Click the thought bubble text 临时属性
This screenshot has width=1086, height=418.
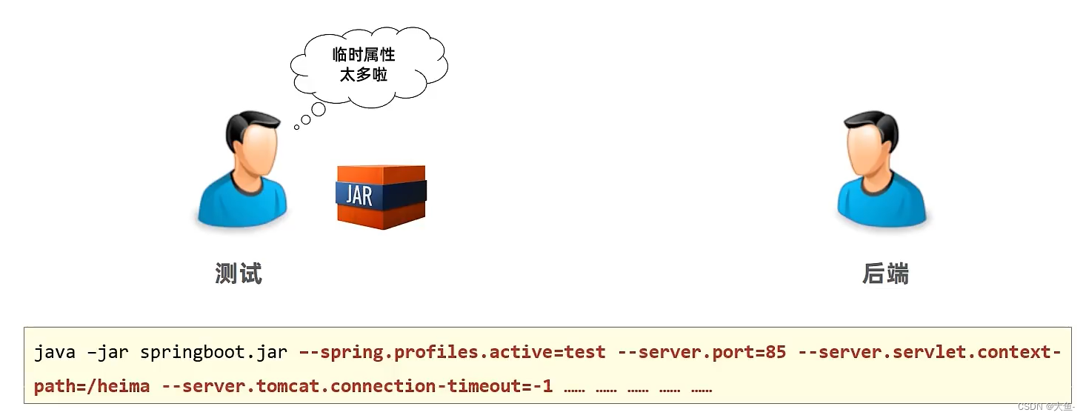tap(364, 55)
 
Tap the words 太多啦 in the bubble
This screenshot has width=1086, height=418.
tap(364, 75)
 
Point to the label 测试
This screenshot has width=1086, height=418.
tap(239, 273)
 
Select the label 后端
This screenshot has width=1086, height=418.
tap(885, 273)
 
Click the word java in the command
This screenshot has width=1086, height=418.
tap(55, 352)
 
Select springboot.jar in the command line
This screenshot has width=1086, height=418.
tap(213, 352)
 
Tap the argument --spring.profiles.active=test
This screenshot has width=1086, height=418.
tap(452, 352)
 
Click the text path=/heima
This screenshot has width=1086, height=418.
tap(92, 386)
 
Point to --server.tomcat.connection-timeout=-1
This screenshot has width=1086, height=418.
tap(356, 386)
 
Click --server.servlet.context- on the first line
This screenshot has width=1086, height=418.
tap(930, 352)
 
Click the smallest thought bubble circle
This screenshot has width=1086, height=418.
tap(296, 127)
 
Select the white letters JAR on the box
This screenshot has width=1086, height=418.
tap(359, 194)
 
